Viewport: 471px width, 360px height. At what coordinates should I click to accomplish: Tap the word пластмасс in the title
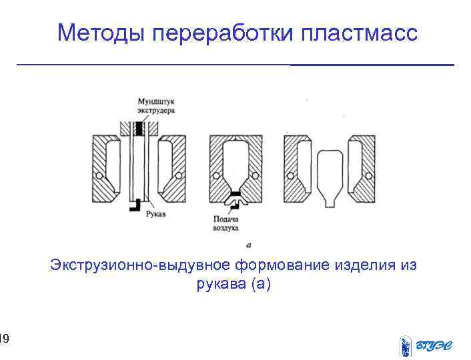(359, 32)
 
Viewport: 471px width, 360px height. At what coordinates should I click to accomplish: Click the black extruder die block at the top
(139, 127)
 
